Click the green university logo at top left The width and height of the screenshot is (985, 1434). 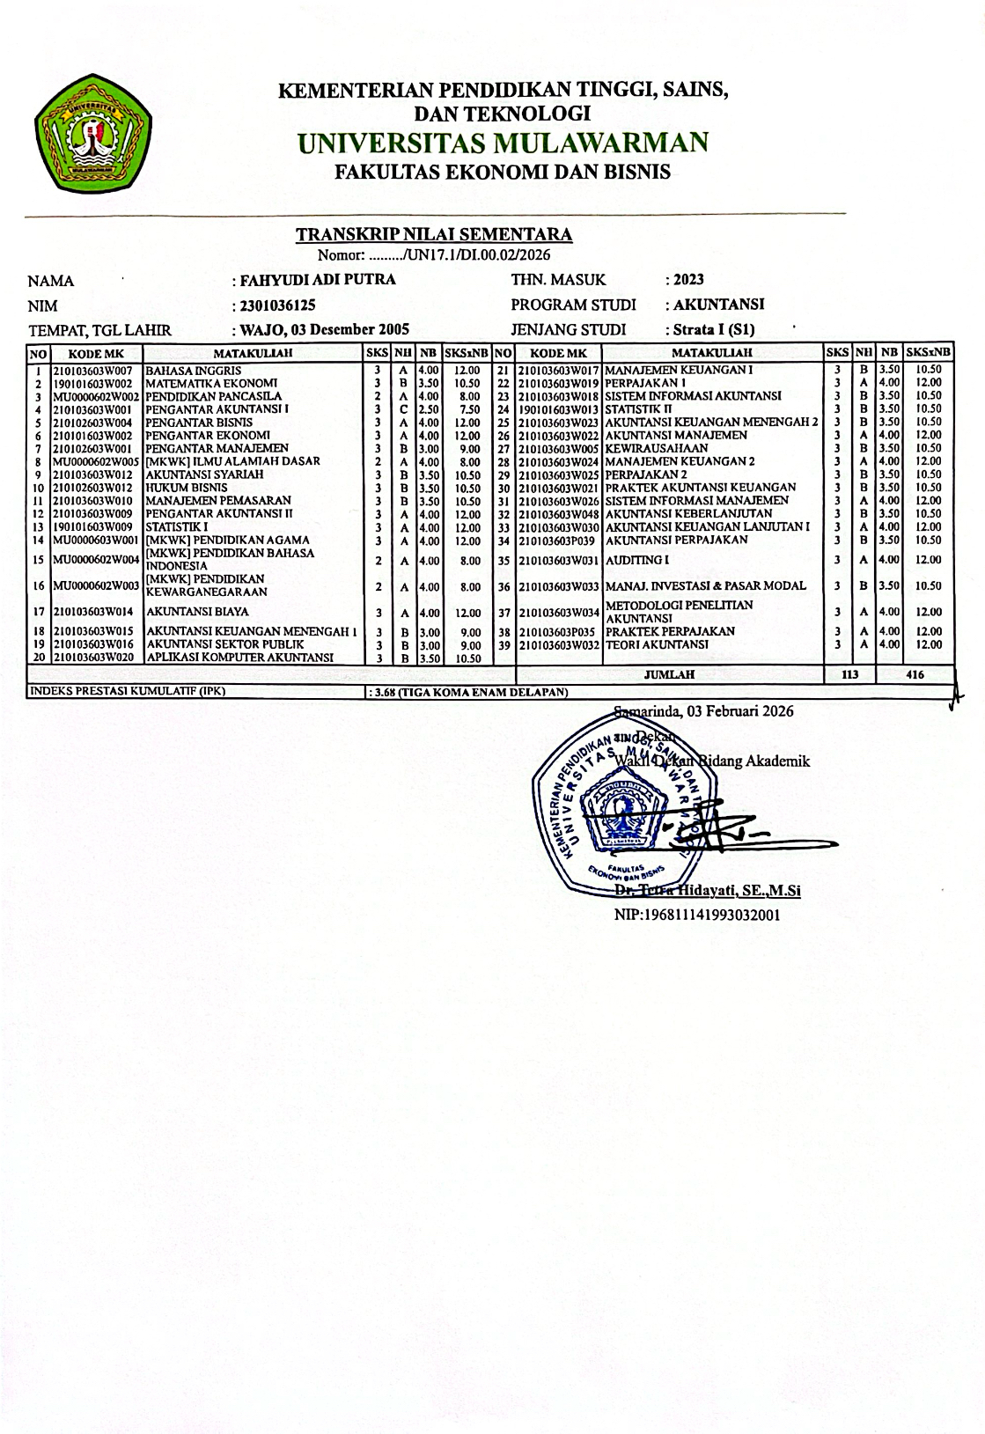pyautogui.click(x=92, y=134)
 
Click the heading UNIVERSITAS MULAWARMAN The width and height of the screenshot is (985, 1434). pyautogui.click(x=503, y=143)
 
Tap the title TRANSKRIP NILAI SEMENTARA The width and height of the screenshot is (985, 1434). pyautogui.click(x=434, y=234)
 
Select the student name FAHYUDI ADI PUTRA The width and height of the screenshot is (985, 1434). pyautogui.click(x=318, y=281)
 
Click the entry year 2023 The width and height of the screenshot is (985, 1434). pyautogui.click(x=688, y=280)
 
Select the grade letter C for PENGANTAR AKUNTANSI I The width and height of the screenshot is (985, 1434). pyautogui.click(x=403, y=409)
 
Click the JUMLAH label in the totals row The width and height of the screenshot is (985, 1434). pyautogui.click(x=669, y=674)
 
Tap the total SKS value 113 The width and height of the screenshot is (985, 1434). pyautogui.click(x=849, y=674)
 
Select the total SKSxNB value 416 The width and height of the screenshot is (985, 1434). pyautogui.click(x=915, y=674)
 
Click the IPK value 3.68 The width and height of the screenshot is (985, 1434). pyautogui.click(x=384, y=692)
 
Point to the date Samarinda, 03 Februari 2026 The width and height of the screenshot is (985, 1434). pyautogui.click(x=703, y=711)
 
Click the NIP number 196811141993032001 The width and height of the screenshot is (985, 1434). pyautogui.click(x=697, y=915)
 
